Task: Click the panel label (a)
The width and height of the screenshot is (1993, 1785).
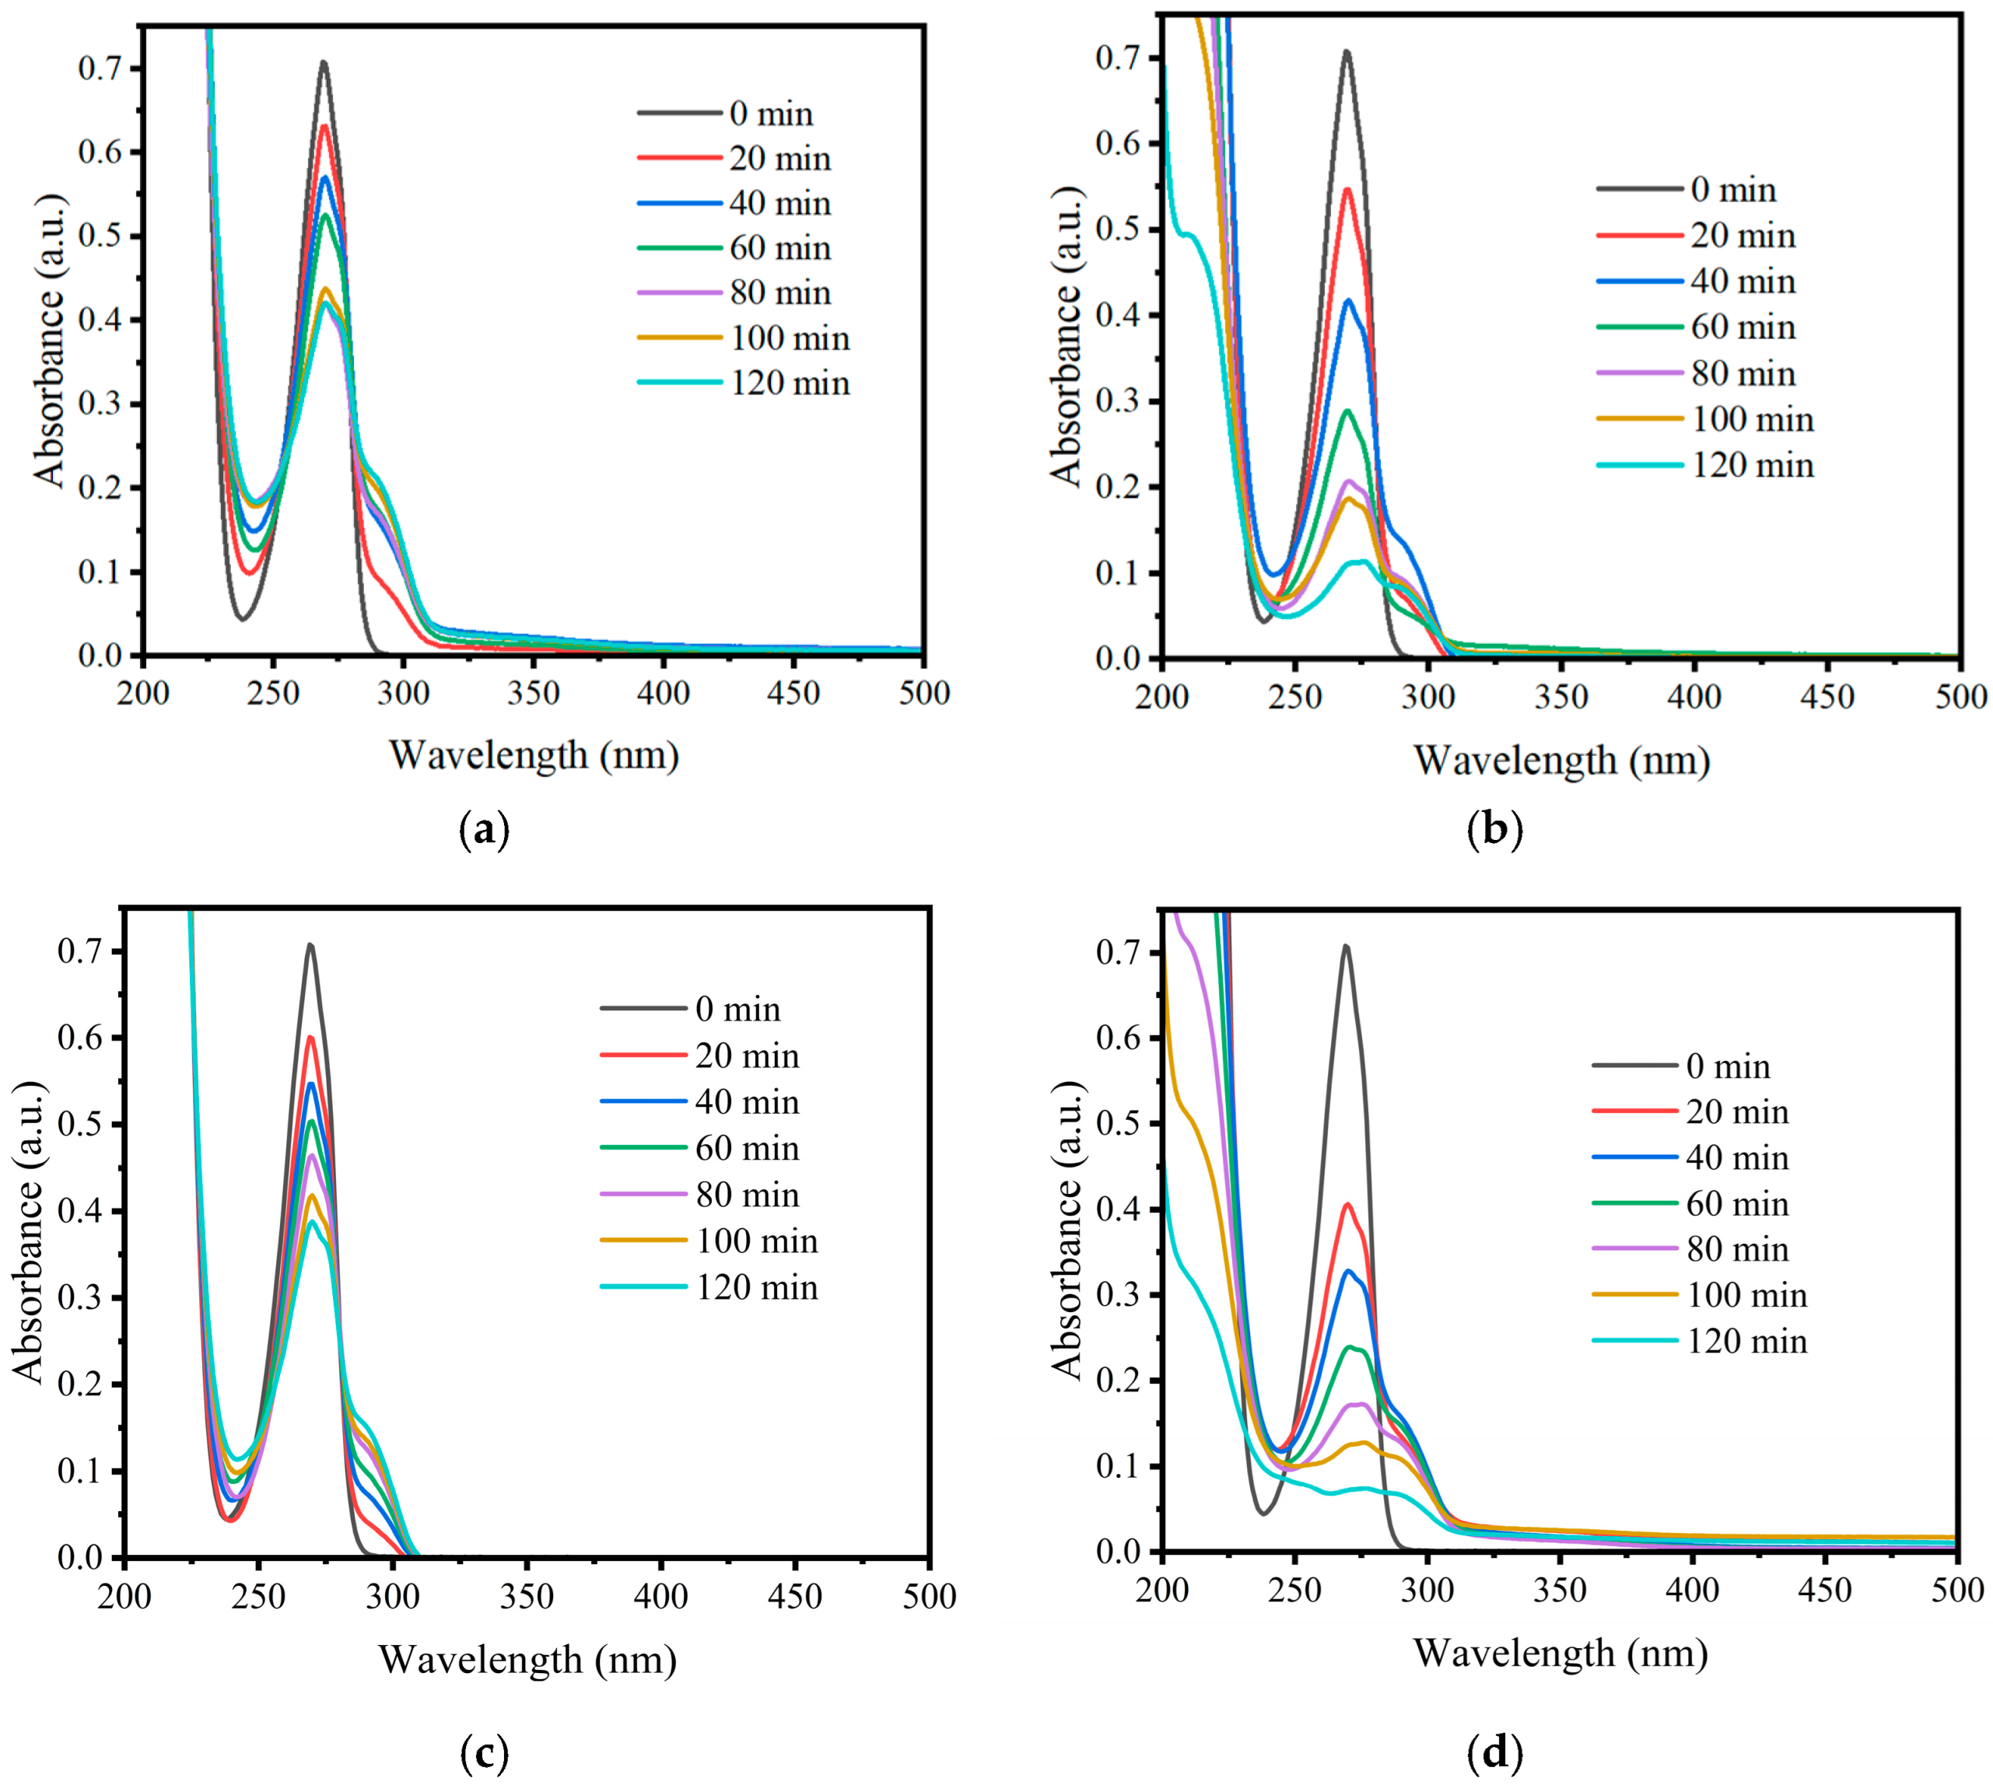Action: click(485, 830)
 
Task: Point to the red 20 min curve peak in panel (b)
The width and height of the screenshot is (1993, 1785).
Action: click(1347, 189)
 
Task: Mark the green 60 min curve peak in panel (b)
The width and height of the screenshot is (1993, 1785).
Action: click(1347, 411)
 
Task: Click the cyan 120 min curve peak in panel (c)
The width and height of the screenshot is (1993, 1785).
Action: click(312, 1222)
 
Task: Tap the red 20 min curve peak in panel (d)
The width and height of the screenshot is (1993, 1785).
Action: click(1347, 1204)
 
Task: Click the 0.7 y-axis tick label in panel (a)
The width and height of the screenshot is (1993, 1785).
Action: click(101, 68)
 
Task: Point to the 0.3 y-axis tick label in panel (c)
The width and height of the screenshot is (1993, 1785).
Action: click(80, 1297)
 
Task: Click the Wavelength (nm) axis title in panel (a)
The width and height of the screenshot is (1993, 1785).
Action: click(534, 755)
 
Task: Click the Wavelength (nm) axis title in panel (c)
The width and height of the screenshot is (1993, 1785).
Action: click(527, 1660)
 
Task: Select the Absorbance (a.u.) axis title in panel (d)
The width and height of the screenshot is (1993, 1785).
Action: click(1067, 1232)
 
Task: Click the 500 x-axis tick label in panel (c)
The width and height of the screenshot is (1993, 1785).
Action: click(928, 1596)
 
